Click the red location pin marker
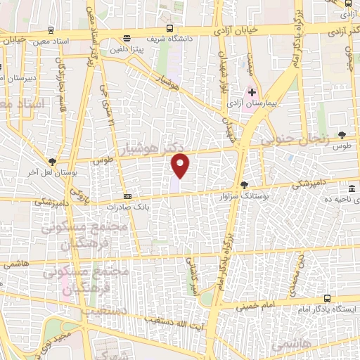(181, 166)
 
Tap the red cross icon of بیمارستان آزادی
(252, 93)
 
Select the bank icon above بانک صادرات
(127, 197)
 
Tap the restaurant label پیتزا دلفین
(126, 49)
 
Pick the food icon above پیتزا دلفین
(126, 39)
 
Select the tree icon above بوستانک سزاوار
(243, 185)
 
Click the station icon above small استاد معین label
(50, 30)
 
